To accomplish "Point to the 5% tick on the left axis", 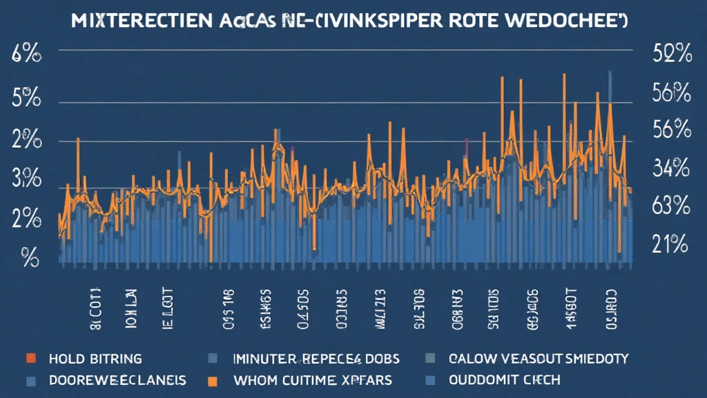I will (x=23, y=99).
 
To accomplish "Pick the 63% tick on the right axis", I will (x=671, y=205).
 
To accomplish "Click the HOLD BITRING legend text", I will (x=95, y=359).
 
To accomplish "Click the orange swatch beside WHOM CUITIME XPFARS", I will (x=213, y=380).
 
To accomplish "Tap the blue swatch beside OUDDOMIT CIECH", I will (x=431, y=380).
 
